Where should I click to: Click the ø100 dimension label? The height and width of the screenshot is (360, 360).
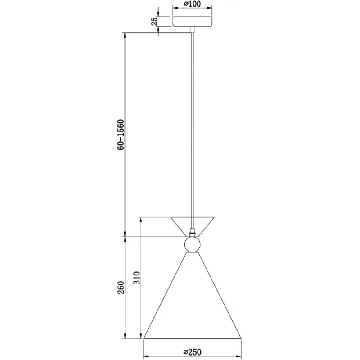click(x=193, y=4)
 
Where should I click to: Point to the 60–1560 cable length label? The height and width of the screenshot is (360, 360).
click(x=121, y=135)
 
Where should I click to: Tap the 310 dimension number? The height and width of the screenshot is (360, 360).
click(x=137, y=278)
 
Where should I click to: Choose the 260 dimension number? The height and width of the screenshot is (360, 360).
click(x=121, y=288)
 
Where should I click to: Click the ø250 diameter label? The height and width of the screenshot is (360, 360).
click(x=193, y=352)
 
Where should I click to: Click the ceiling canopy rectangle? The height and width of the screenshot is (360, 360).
click(x=193, y=21)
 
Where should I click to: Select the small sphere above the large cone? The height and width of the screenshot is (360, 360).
click(x=193, y=245)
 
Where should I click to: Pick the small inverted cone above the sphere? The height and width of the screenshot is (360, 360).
click(x=193, y=227)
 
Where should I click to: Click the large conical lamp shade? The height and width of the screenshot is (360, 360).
click(x=193, y=296)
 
